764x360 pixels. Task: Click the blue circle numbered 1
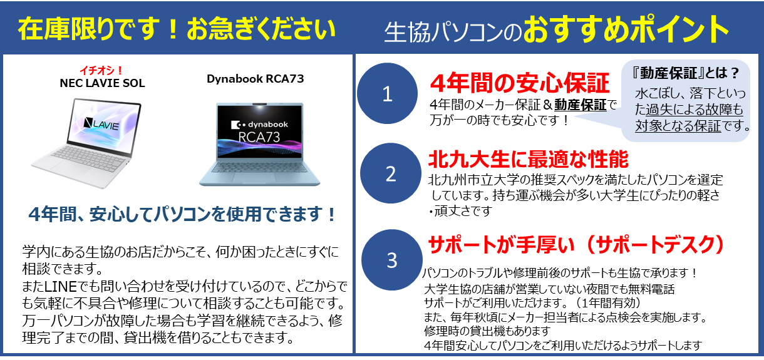click(x=388, y=93)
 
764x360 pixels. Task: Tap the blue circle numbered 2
click(x=391, y=173)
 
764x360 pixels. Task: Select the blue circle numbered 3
click(x=392, y=260)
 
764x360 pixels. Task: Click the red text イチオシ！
click(x=101, y=71)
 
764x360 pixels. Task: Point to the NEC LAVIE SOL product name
click(x=102, y=83)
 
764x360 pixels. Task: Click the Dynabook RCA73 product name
click(x=255, y=79)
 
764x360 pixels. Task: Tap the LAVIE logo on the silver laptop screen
click(x=102, y=125)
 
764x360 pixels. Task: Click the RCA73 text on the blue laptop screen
click(x=259, y=137)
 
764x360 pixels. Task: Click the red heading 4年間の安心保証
click(x=519, y=83)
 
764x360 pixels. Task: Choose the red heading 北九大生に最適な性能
click(x=529, y=159)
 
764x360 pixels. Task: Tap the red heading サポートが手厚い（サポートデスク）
click(x=576, y=245)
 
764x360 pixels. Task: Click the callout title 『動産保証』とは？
click(x=686, y=73)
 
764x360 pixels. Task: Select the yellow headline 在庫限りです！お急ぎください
click(x=177, y=29)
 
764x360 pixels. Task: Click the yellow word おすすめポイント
click(x=626, y=29)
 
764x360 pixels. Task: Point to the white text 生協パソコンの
click(x=453, y=33)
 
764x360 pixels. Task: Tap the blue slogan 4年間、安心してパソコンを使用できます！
click(x=183, y=214)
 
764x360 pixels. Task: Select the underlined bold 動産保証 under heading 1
click(x=581, y=105)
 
